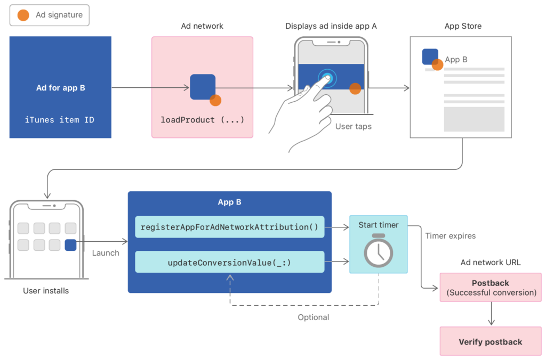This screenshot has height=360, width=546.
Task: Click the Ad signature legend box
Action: [50, 15]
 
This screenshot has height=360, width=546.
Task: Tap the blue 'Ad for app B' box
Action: [60, 87]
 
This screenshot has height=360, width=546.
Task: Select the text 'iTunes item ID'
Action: [60, 120]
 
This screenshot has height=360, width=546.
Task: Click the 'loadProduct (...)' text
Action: [202, 120]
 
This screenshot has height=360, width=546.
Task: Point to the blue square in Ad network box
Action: [203, 87]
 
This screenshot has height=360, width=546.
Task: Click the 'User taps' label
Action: [353, 127]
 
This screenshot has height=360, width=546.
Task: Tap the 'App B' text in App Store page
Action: [456, 60]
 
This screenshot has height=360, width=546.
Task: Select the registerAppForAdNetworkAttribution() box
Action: [229, 227]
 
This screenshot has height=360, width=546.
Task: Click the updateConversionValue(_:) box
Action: [229, 262]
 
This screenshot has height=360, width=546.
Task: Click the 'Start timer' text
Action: [378, 225]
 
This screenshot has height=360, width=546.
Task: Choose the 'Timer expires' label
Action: [450, 236]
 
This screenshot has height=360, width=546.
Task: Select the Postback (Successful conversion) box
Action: [490, 288]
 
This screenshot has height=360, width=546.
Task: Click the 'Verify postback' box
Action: [490, 342]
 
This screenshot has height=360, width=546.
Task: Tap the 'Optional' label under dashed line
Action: [313, 317]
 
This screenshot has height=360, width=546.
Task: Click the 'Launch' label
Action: [106, 253]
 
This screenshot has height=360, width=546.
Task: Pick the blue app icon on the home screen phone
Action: [70, 245]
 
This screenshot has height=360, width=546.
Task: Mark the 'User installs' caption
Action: [46, 291]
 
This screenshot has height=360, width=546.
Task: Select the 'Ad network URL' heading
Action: [490, 263]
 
